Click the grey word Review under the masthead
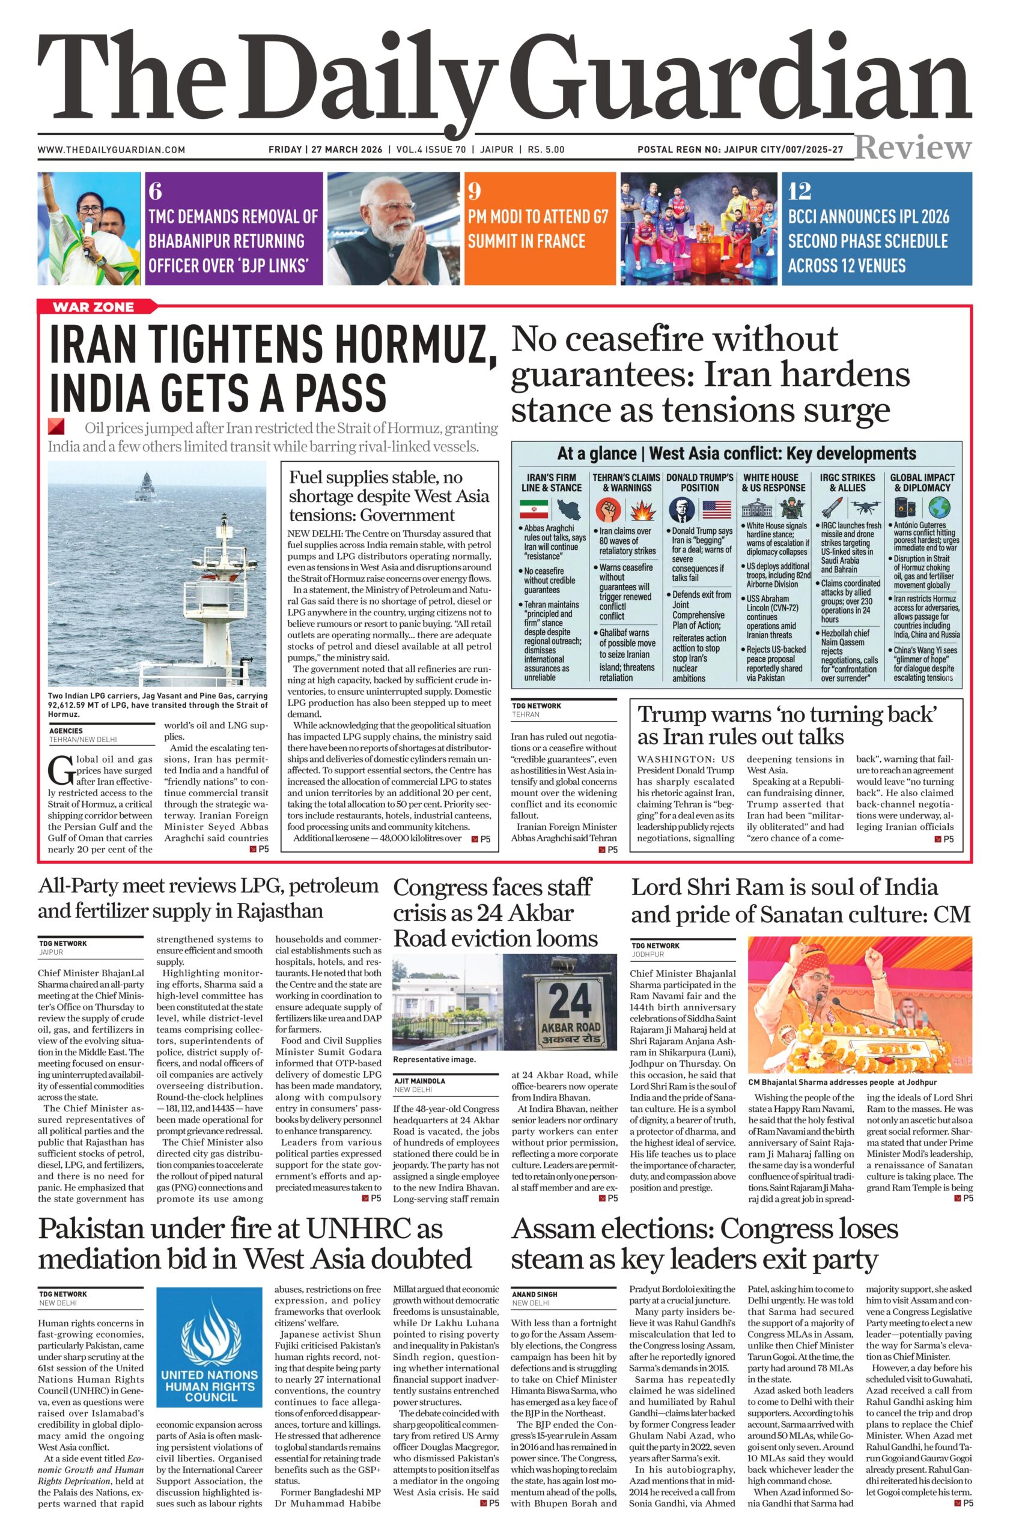(913, 148)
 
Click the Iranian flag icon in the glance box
(534, 509)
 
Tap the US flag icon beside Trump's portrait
(716, 509)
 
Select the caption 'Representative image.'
(434, 1059)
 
